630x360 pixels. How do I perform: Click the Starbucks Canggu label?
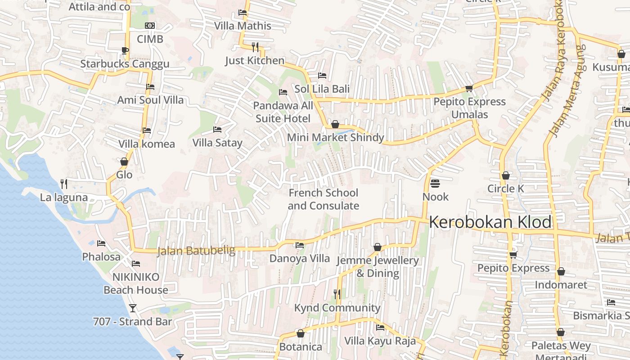tap(125, 64)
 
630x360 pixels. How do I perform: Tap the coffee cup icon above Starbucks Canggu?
tap(125, 50)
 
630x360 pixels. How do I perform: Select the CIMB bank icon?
tap(150, 26)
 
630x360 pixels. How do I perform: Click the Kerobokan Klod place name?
tap(490, 222)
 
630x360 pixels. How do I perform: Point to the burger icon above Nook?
tap(435, 184)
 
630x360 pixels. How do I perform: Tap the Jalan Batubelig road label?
tap(196, 251)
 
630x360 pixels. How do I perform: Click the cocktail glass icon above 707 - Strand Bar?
tap(132, 308)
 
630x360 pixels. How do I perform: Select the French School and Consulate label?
tap(323, 199)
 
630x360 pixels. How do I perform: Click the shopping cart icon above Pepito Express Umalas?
tap(469, 89)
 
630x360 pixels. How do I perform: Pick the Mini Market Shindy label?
tap(335, 138)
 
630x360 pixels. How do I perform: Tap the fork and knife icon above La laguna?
tap(64, 184)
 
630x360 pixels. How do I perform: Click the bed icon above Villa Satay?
tap(217, 130)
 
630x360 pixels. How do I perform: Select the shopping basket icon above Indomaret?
tap(561, 272)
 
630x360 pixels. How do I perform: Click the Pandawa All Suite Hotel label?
tap(283, 112)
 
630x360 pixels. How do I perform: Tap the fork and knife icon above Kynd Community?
tap(337, 294)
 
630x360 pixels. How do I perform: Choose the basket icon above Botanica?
tap(301, 334)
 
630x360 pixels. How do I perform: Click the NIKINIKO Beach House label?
tap(135, 283)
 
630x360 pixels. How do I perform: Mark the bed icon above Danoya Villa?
tap(299, 245)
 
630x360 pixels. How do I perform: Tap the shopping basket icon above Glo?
tap(124, 162)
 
